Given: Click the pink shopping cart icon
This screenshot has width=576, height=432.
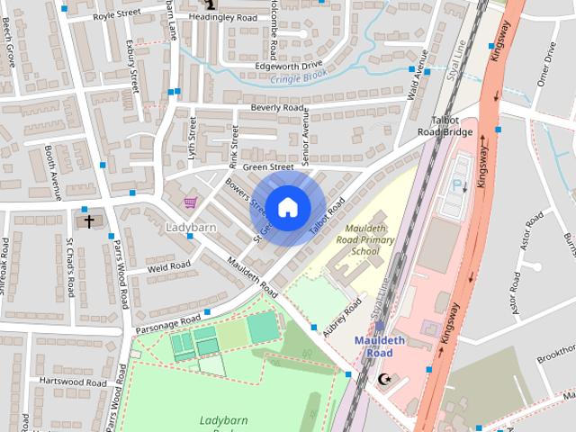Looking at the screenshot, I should (190, 202).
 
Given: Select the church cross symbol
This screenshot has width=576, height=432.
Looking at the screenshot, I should (88, 220).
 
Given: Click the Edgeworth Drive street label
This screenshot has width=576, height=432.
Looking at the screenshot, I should (289, 66).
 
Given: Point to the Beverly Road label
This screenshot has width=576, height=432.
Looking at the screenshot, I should (278, 108).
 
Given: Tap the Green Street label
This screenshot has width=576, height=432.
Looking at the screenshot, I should (268, 166).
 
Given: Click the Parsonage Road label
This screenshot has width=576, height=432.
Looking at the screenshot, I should (167, 319).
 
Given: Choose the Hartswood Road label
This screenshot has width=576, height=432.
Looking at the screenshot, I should (74, 382).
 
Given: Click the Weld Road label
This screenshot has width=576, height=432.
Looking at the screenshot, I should (169, 265).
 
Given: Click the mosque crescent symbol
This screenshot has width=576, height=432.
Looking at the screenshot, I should (386, 379).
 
